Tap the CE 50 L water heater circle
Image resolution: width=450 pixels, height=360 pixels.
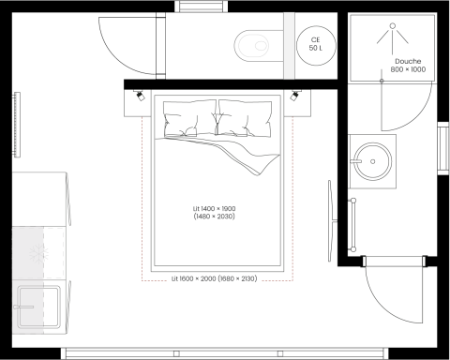(x=314, y=45)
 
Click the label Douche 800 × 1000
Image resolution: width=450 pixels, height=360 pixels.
(x=407, y=65)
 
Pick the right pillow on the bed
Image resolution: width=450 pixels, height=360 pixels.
(x=246, y=121)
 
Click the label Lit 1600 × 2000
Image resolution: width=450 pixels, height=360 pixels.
(x=215, y=278)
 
